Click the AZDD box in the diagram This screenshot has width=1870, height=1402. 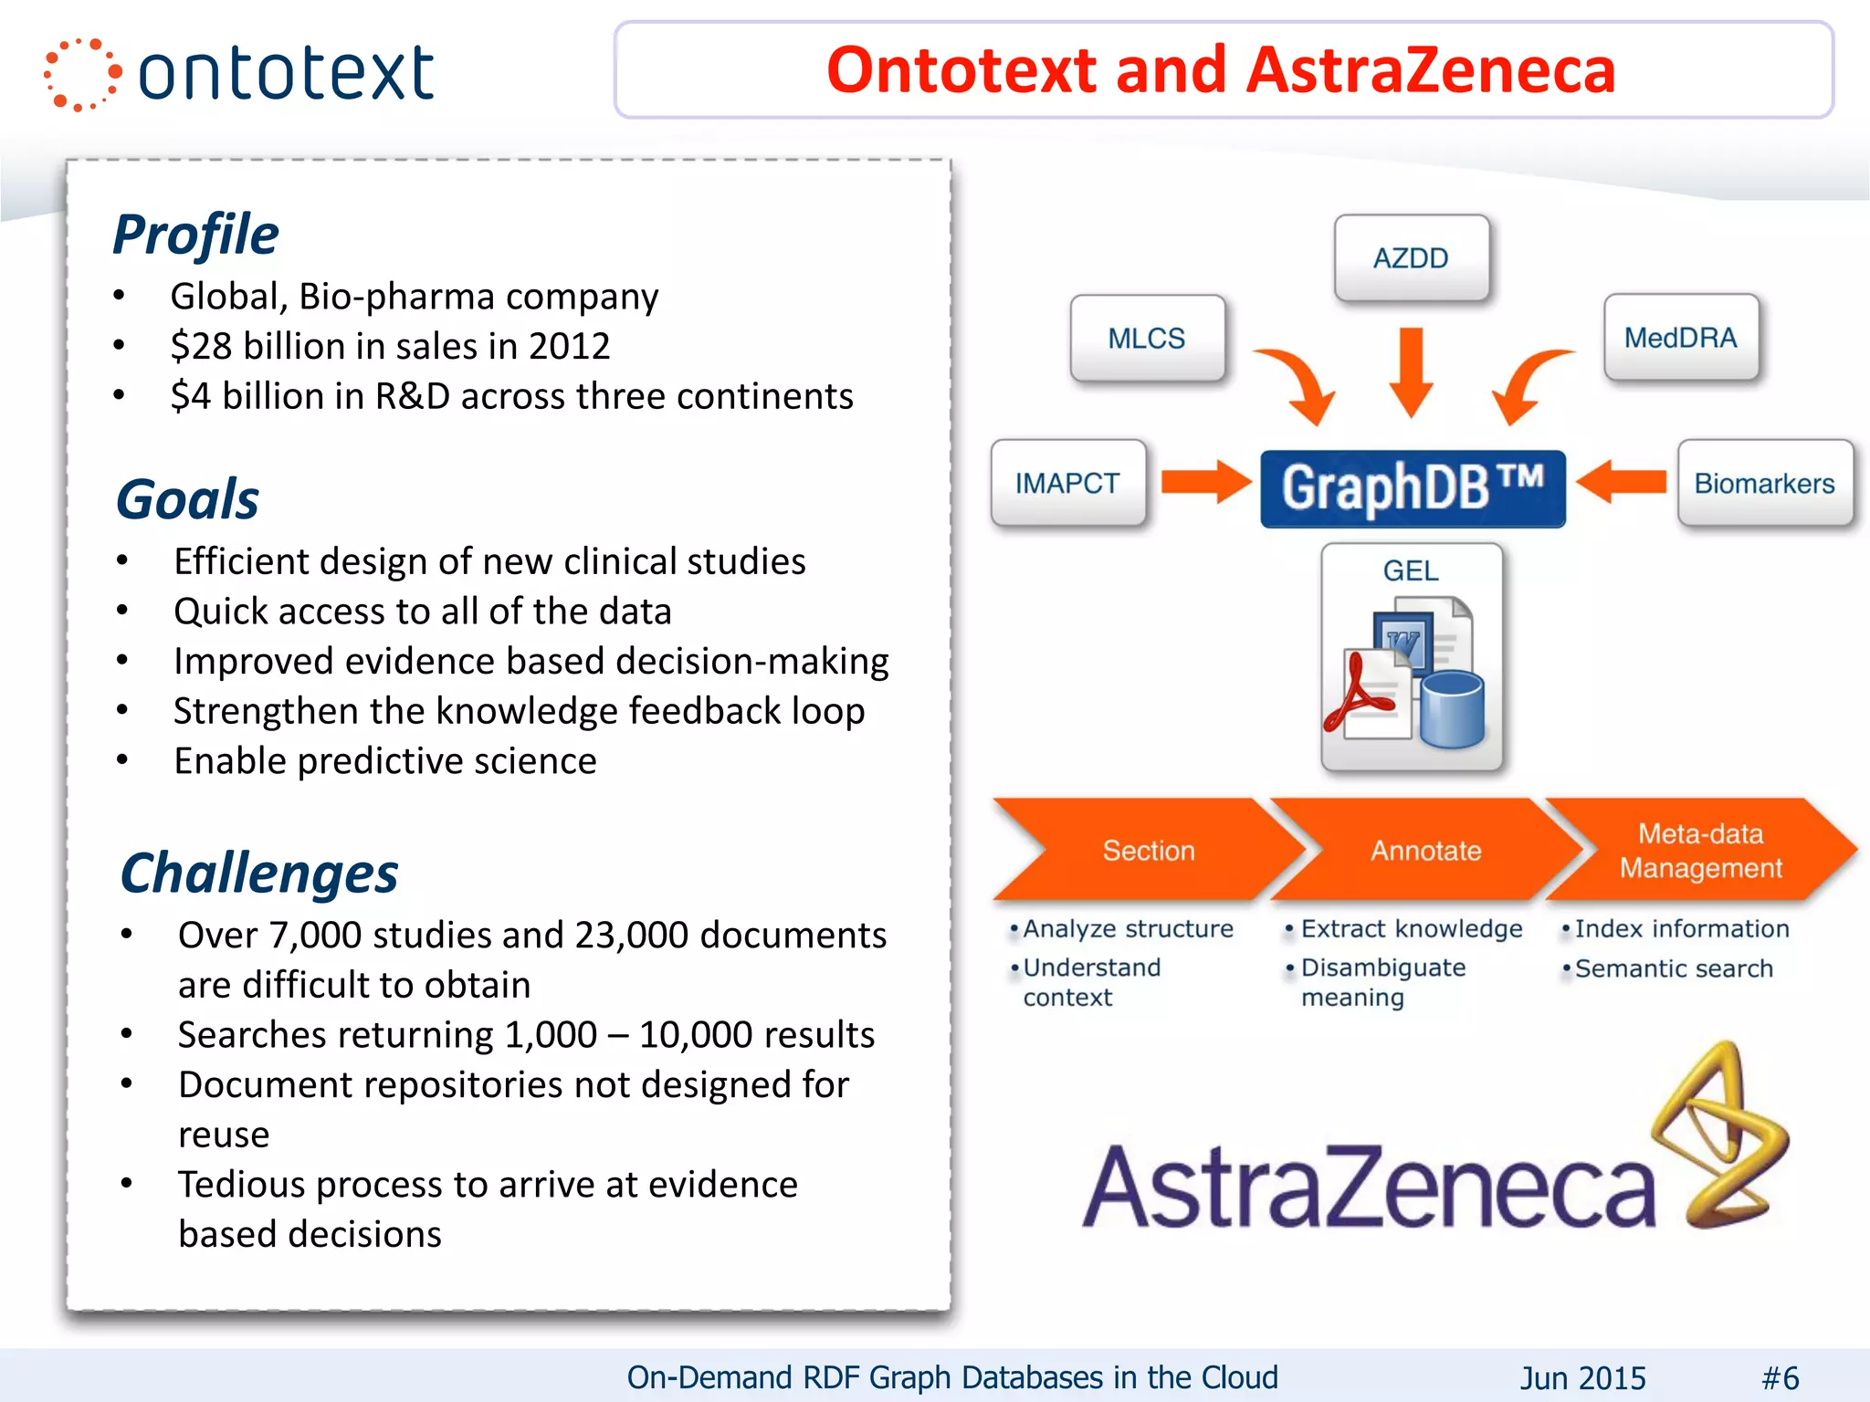coord(1411,257)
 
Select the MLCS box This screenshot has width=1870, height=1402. coord(1147,338)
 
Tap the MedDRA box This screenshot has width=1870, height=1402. coord(1680,338)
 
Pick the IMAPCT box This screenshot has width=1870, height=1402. coord(1067,483)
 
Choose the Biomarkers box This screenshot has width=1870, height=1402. coord(1764,483)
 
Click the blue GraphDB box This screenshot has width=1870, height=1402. coord(1412,488)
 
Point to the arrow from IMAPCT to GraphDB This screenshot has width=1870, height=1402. coord(1204,482)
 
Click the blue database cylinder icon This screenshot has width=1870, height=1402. coord(1452,709)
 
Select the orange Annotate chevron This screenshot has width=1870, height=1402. coord(1424,851)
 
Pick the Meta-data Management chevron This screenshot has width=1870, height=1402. coord(1700,851)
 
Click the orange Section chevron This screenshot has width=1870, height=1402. coord(1148,851)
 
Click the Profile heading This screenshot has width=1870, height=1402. coord(195,235)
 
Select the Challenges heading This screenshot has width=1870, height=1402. coord(259,874)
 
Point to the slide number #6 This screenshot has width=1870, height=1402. coord(1780,1377)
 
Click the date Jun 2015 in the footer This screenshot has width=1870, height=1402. coord(1582,1377)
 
